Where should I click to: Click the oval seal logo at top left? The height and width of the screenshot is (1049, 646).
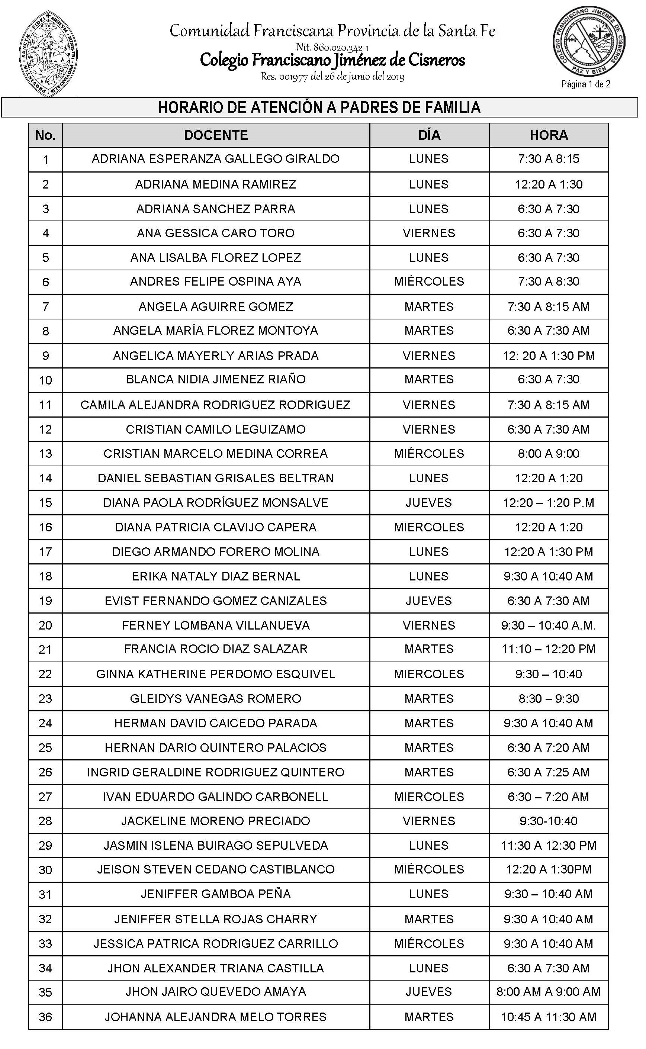pyautogui.click(x=48, y=54)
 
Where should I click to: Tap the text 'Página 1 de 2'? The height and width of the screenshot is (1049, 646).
pyautogui.click(x=585, y=84)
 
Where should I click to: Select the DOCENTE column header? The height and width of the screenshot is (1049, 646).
pyautogui.click(x=216, y=135)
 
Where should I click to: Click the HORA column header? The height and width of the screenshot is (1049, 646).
pyautogui.click(x=549, y=135)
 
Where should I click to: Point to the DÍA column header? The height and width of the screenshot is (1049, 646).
pyautogui.click(x=429, y=135)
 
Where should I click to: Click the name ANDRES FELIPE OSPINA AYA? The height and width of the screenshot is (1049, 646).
pyautogui.click(x=216, y=282)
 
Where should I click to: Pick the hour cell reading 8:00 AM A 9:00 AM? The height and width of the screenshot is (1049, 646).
pyautogui.click(x=549, y=992)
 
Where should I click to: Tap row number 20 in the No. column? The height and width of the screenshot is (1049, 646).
pyautogui.click(x=45, y=625)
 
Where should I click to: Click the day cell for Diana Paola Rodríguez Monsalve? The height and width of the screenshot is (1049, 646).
pyautogui.click(x=429, y=503)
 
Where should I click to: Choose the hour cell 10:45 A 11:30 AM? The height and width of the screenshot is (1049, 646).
pyautogui.click(x=549, y=1017)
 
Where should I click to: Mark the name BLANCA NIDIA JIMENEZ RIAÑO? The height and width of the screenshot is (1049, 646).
pyautogui.click(x=216, y=380)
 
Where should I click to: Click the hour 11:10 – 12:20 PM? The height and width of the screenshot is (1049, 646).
pyautogui.click(x=549, y=649)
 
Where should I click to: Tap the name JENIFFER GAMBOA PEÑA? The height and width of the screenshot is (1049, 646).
pyautogui.click(x=216, y=894)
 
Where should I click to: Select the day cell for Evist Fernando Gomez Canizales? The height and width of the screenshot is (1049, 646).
pyautogui.click(x=429, y=601)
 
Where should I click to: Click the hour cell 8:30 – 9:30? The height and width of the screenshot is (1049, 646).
pyautogui.click(x=549, y=699)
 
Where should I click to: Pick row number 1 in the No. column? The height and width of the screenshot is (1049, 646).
pyautogui.click(x=45, y=160)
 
